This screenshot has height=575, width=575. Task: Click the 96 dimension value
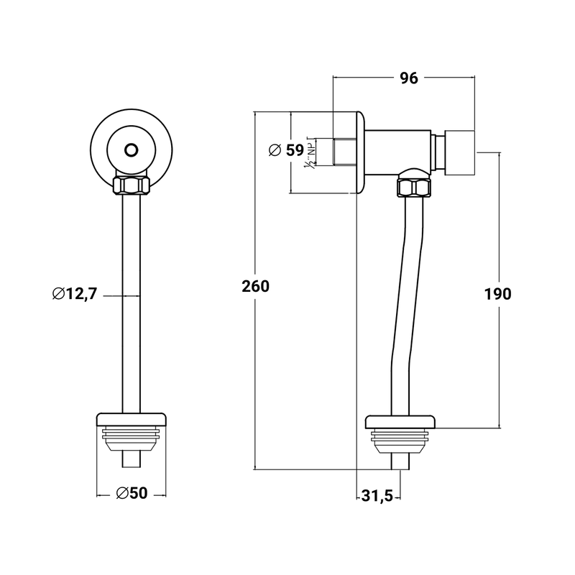408,79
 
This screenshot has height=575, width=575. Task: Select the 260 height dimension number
256,286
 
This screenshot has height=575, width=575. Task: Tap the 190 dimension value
497,294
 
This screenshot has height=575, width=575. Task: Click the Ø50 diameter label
132,493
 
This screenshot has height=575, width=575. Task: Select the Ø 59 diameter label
286,150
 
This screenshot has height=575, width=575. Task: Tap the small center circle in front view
131,149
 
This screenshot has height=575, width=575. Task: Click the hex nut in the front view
131,185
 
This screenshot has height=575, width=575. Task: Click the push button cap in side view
460,152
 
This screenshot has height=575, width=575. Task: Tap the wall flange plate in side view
359,152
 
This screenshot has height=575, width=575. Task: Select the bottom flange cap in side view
400,422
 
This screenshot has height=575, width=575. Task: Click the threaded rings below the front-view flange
132,436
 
